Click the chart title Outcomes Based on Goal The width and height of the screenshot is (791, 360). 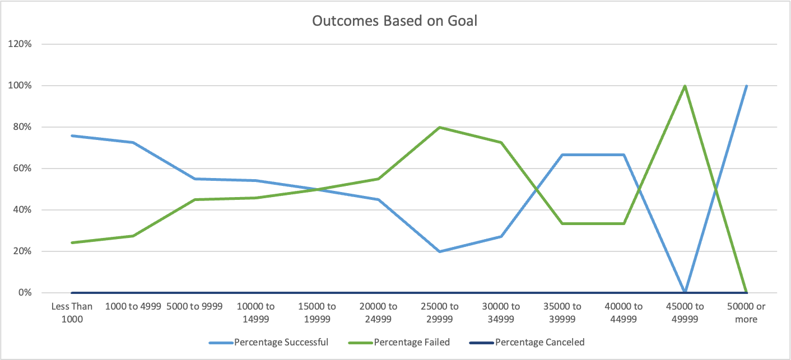click(394, 21)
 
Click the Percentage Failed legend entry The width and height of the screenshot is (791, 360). click(412, 342)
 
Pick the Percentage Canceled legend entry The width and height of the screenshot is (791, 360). click(539, 342)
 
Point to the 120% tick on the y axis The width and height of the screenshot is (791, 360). click(20, 44)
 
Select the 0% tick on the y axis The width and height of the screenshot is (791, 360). click(25, 293)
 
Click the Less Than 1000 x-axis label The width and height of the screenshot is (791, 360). click(72, 312)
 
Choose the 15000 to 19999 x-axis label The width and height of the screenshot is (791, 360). click(317, 312)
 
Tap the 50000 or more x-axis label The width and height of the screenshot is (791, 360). click(746, 312)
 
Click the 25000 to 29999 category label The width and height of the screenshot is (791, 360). click(440, 312)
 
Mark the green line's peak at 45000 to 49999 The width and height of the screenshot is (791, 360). click(685, 86)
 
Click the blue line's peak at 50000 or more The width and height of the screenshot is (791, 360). click(746, 86)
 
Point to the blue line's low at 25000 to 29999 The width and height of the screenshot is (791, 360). click(440, 251)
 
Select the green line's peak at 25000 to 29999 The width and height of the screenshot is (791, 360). click(440, 127)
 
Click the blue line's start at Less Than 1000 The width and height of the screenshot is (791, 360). click(72, 135)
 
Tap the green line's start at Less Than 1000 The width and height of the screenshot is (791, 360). click(72, 242)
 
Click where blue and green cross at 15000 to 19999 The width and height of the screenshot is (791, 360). click(317, 189)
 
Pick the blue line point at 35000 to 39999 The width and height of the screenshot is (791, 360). click(562, 155)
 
